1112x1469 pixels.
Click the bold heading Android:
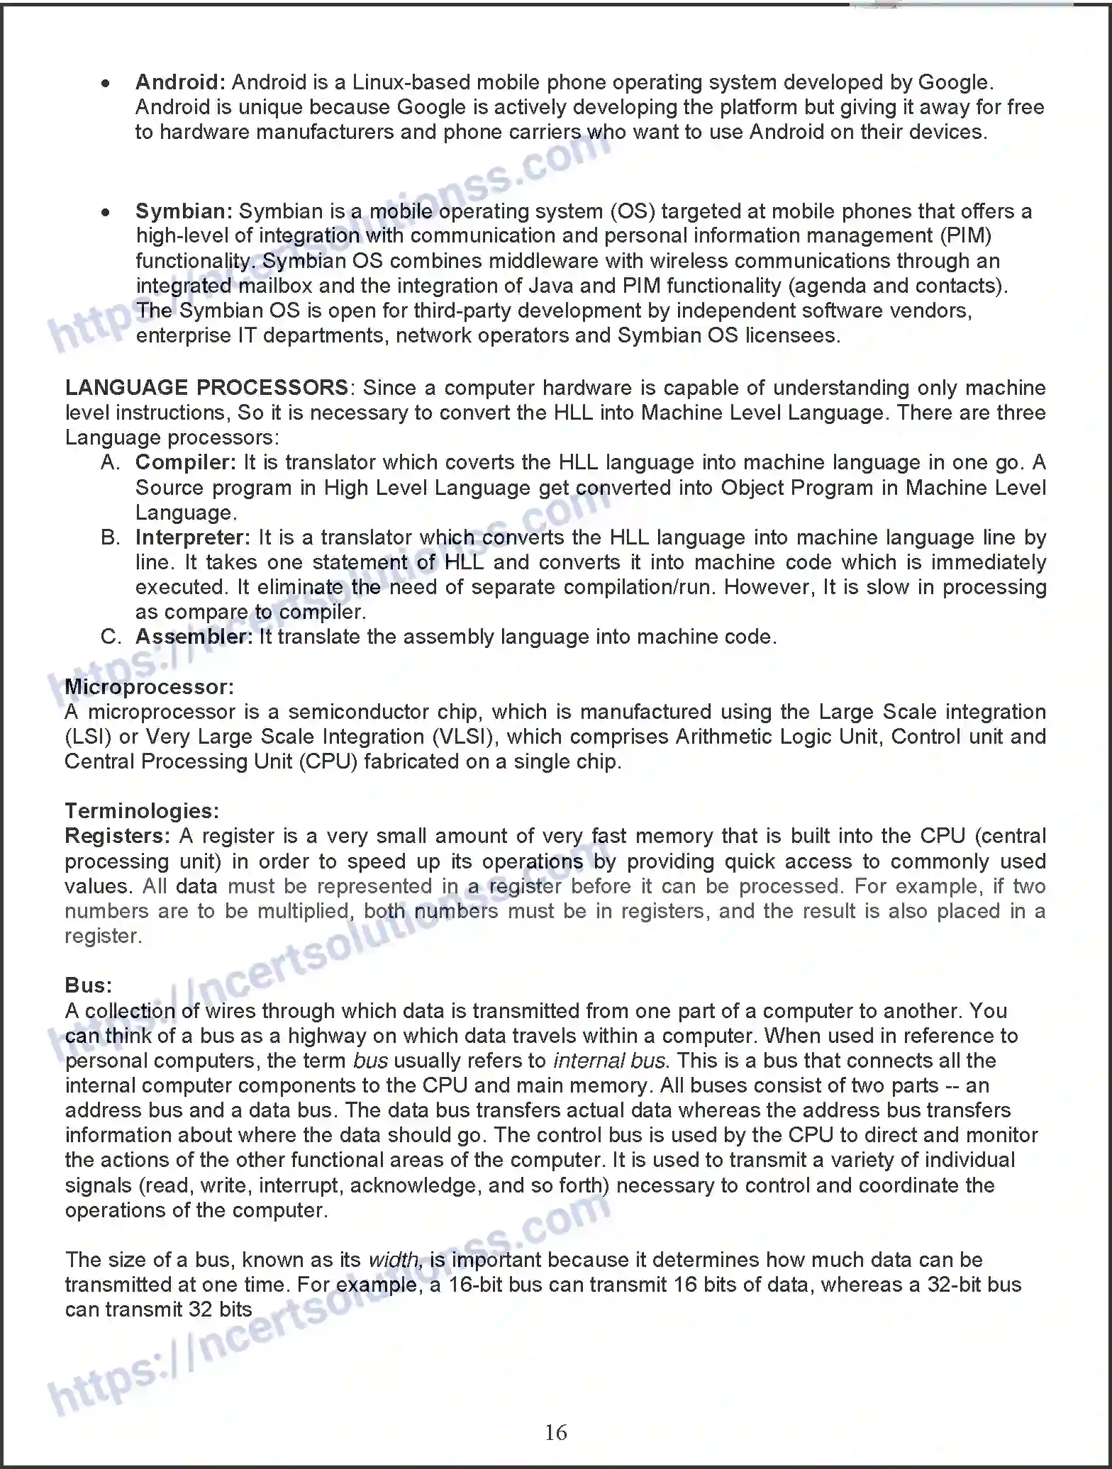click(180, 82)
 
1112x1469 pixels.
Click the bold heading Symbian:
click(184, 211)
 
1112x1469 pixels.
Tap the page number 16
click(555, 1432)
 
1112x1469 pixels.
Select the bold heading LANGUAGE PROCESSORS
click(206, 388)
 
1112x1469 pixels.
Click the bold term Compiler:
click(185, 462)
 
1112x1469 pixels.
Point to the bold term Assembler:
click(194, 637)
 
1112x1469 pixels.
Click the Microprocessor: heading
click(149, 687)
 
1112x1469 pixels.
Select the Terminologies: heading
click(142, 811)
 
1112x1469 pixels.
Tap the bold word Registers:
click(117, 836)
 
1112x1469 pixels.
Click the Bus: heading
click(88, 985)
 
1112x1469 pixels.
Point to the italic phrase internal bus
click(609, 1061)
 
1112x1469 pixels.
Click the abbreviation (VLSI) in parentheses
click(465, 737)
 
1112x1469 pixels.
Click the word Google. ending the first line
click(955, 82)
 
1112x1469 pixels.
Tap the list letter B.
click(110, 537)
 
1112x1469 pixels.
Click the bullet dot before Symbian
click(106, 212)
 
